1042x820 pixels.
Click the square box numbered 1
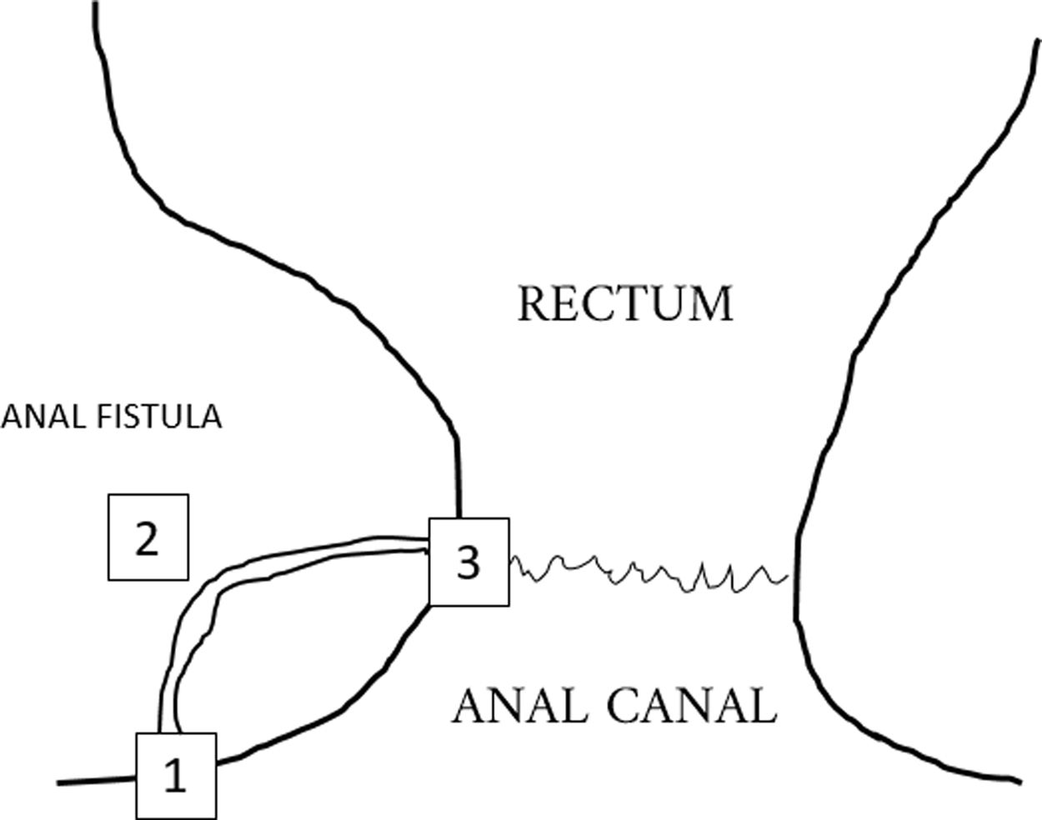click(x=176, y=776)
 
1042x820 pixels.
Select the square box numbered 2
click(x=148, y=537)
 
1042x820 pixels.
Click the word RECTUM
click(x=625, y=303)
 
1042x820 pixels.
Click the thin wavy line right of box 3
click(x=650, y=573)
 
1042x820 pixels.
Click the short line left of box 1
click(x=96, y=781)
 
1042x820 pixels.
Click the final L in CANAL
click(x=764, y=706)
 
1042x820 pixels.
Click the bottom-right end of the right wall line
click(x=1018, y=781)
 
